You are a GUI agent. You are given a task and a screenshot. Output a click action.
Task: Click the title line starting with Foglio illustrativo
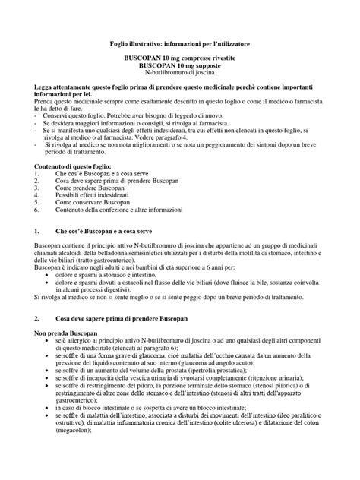tap(181, 45)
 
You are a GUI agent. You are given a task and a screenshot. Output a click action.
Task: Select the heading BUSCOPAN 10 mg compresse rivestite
tap(180, 59)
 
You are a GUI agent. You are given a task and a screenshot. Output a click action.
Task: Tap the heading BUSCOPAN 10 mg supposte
tap(180, 67)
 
